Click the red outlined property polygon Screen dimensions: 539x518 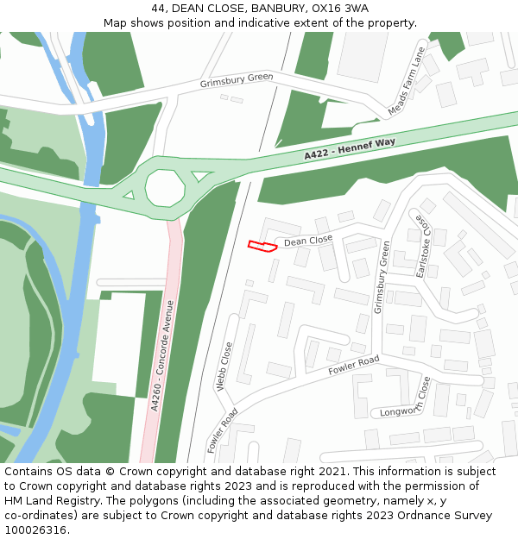tap(262, 247)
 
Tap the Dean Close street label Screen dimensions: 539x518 tap(308, 241)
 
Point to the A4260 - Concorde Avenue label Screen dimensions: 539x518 tap(158, 355)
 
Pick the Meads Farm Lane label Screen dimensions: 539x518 tap(407, 82)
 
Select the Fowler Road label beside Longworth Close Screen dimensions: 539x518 tap(354, 366)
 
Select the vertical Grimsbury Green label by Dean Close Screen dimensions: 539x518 tap(376, 278)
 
